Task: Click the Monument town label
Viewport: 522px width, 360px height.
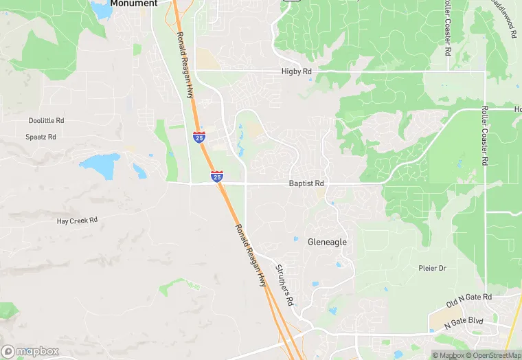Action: (x=134, y=3)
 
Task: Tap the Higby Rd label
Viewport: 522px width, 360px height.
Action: (x=296, y=71)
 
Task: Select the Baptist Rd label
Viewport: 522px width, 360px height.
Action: (x=306, y=184)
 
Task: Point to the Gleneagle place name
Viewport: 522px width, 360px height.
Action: (x=327, y=242)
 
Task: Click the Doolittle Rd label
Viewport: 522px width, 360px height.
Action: (x=46, y=121)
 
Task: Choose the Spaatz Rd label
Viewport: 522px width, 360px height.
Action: (x=41, y=137)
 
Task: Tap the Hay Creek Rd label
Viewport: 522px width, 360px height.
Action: (x=77, y=221)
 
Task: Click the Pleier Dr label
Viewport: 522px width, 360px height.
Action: (x=433, y=268)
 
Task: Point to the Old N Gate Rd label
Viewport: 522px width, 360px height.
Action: (x=469, y=297)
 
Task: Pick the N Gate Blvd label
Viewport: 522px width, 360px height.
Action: (x=464, y=322)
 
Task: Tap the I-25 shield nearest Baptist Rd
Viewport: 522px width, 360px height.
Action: (x=216, y=177)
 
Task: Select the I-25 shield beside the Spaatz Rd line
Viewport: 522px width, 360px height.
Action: (x=198, y=137)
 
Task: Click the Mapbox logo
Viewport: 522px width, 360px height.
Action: (x=30, y=351)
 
